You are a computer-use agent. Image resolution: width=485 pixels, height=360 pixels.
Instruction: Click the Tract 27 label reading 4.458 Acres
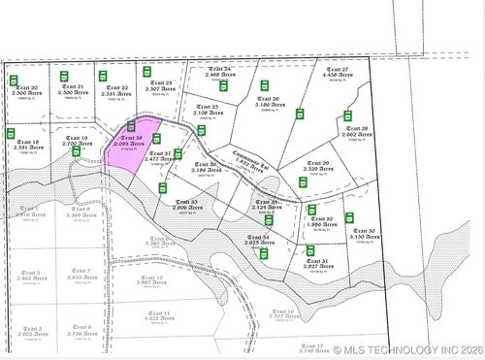pyautogui.click(x=337, y=74)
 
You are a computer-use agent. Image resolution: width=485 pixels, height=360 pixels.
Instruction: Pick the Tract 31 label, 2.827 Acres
pyautogui.click(x=316, y=262)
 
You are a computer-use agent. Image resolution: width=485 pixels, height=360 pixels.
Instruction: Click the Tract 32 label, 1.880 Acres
pyautogui.click(x=324, y=223)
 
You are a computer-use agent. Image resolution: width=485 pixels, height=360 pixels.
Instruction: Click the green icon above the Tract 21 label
pyautogui.click(x=65, y=76)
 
